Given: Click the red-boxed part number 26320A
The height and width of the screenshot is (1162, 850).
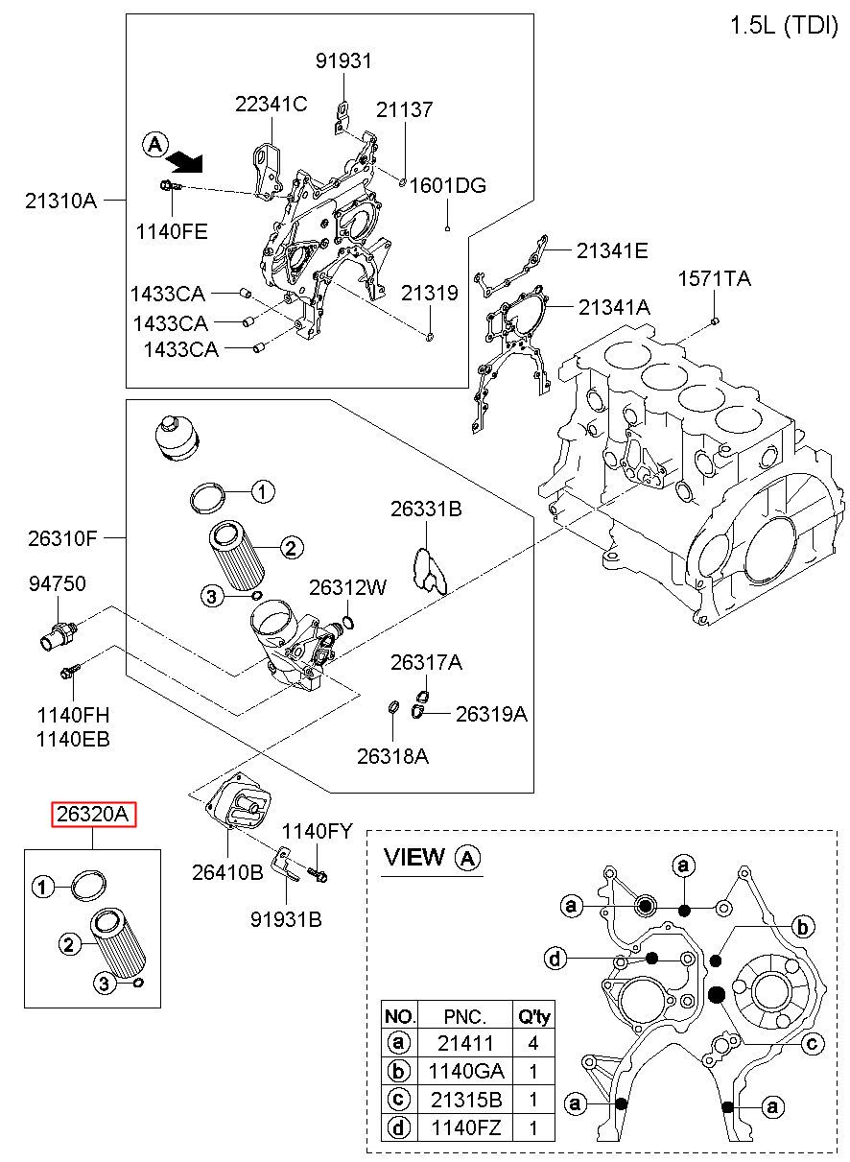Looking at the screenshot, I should tap(94, 815).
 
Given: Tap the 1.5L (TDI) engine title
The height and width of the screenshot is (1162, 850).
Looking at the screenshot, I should tap(783, 26).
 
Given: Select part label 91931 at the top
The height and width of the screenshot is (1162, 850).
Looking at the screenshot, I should tap(342, 61).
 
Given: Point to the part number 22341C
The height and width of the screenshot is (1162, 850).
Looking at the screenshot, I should tap(271, 105).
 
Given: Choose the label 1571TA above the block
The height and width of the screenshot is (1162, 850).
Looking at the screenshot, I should tap(715, 279).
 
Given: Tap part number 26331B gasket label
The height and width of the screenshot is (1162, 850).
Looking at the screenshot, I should tap(425, 510).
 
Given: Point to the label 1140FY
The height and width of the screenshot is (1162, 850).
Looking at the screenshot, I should tap(317, 831).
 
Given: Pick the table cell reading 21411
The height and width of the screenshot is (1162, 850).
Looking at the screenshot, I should tap(464, 1042).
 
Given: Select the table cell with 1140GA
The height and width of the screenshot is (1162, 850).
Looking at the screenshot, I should tap(464, 1070).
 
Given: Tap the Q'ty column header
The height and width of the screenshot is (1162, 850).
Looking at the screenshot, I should tap(533, 1015).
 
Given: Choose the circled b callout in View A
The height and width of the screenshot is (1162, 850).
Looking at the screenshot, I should tap(803, 925).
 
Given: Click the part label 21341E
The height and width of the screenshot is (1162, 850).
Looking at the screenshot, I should tap(611, 251).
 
